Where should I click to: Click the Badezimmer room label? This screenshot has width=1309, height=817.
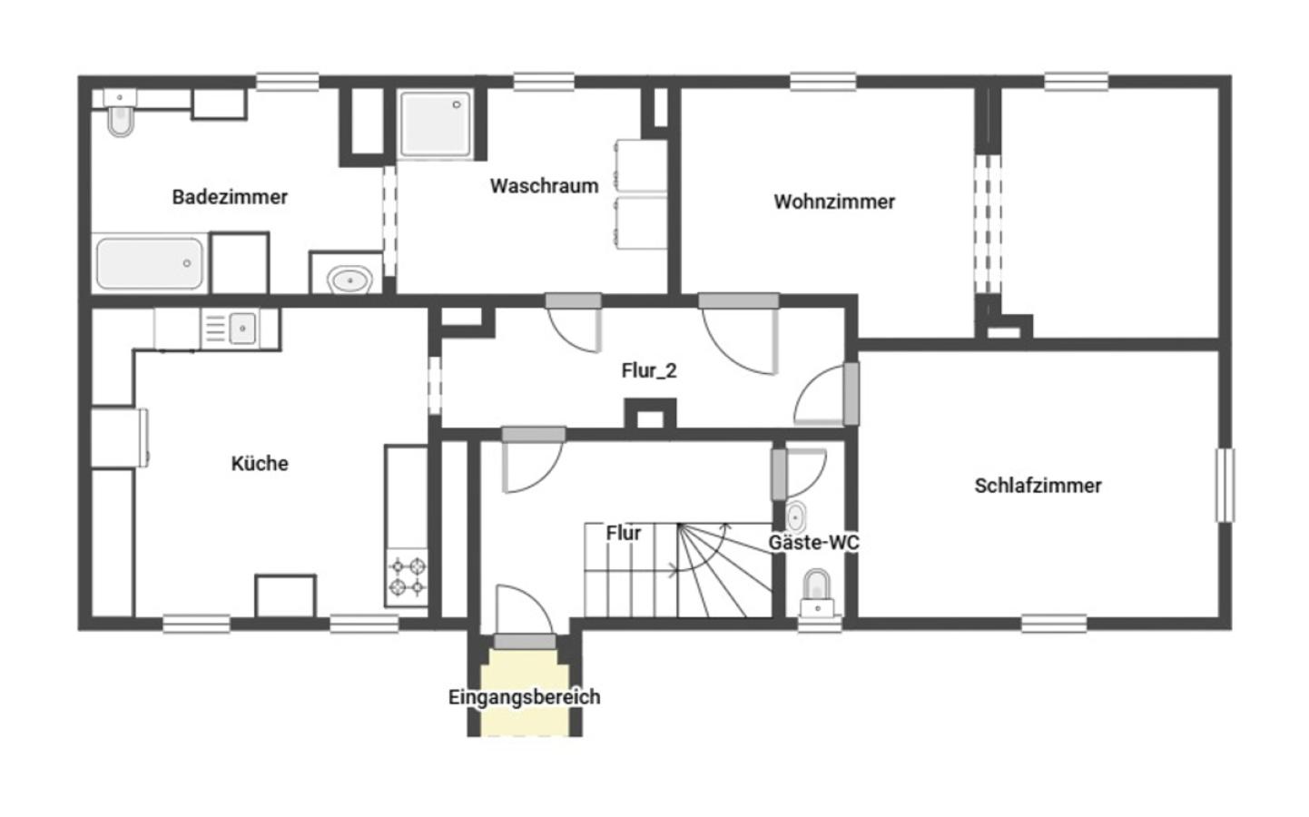(230, 197)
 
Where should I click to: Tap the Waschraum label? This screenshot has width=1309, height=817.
(544, 186)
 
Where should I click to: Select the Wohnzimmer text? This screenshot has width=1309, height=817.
(834, 202)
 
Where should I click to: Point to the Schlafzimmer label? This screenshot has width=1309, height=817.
(1038, 485)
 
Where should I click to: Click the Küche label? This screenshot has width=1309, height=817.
(260, 464)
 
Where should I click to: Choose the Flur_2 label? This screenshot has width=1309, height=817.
(649, 370)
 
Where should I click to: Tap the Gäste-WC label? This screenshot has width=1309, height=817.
(813, 542)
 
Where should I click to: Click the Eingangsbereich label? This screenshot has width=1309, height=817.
(524, 696)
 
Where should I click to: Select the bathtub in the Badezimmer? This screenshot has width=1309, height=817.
(150, 263)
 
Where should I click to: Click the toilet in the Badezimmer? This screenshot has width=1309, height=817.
(121, 113)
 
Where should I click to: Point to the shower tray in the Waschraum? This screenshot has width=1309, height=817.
(436, 124)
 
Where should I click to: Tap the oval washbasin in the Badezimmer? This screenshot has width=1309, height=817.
(350, 280)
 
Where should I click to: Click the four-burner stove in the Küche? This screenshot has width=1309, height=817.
(408, 576)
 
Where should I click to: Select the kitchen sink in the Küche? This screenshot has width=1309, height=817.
(242, 329)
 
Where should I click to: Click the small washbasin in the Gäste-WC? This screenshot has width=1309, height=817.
(795, 517)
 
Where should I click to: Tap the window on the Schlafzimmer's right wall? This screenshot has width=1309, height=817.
(1225, 485)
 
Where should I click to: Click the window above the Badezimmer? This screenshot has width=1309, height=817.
(288, 81)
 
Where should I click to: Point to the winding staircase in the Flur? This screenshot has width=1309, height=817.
(678, 570)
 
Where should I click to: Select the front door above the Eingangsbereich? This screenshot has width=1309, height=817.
(525, 642)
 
